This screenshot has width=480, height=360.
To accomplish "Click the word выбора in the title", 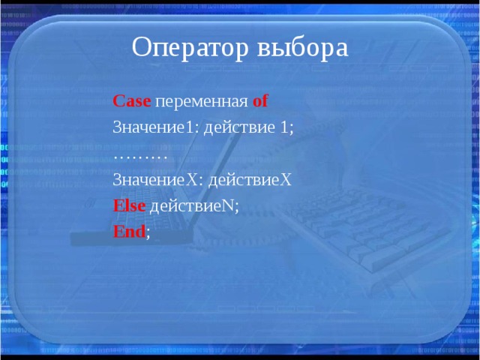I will (x=303, y=49).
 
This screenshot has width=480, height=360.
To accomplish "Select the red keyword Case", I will (x=132, y=101).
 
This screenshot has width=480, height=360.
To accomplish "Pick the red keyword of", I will (x=260, y=101).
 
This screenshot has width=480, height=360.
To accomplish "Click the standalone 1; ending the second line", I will (x=286, y=127).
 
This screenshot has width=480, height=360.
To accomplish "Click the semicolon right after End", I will (x=148, y=234).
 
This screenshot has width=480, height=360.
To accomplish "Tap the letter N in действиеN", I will (x=229, y=206).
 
